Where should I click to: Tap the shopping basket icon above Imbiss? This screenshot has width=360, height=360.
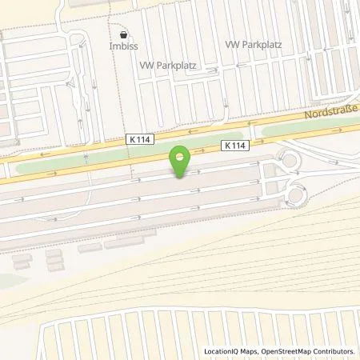123,35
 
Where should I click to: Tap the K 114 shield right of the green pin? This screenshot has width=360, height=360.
234,146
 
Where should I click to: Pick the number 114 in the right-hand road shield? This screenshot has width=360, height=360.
237,146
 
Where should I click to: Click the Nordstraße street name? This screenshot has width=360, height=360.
330,117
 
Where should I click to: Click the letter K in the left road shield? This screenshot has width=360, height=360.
130,138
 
